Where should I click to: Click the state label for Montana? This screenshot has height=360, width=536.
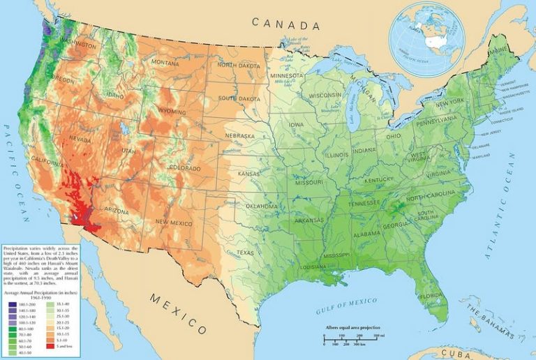165,62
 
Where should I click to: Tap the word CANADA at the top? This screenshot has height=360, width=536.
285,25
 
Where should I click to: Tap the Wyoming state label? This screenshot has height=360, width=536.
172,112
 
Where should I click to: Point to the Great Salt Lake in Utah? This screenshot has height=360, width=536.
124,129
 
